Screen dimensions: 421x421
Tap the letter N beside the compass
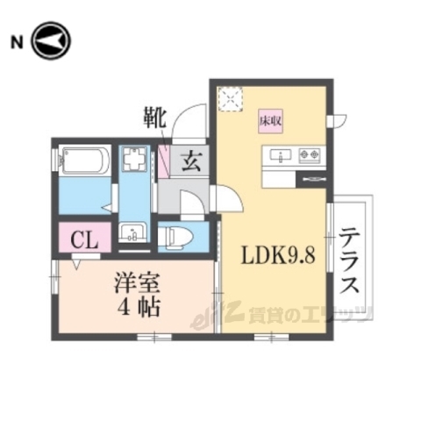pyautogui.click(x=16, y=41)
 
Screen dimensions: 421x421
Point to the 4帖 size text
pyautogui.click(x=140, y=309)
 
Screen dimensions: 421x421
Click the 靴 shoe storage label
pyautogui.click(x=154, y=118)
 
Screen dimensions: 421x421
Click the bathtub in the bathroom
pyautogui.click(x=84, y=162)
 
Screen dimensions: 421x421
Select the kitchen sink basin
pyautogui.click(x=281, y=156)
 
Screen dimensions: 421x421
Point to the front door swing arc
pyautogui.click(x=187, y=125)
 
